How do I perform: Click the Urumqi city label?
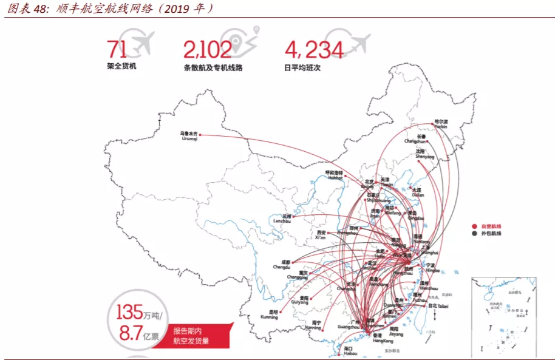(189, 135)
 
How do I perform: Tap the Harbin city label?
(440, 125)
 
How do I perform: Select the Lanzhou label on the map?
(282, 218)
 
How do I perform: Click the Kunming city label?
(270, 314)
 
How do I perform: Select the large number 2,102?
(207, 49)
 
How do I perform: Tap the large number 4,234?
(313, 49)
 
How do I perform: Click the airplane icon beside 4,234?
(358, 42)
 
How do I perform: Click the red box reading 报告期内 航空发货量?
(191, 336)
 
